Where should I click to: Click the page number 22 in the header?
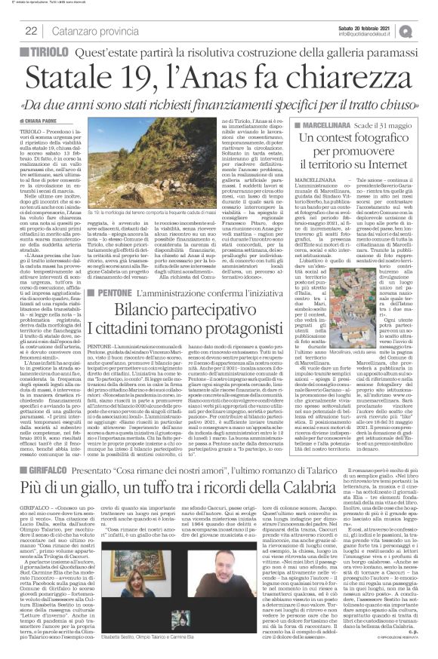coord(32,30)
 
